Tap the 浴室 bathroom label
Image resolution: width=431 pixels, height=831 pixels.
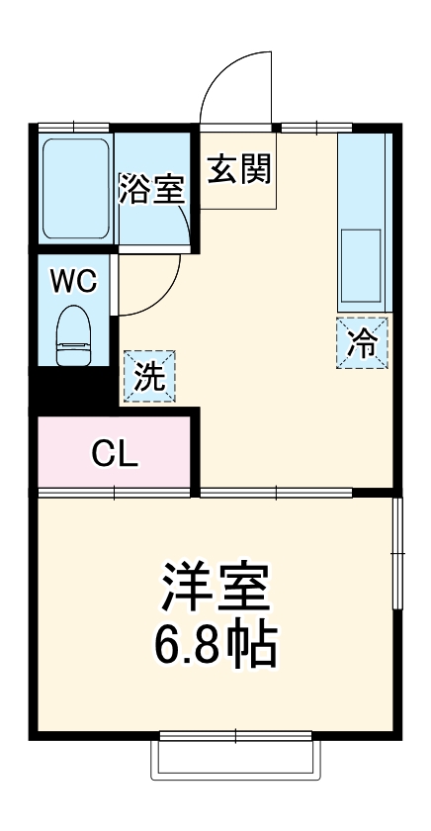(x=151, y=189)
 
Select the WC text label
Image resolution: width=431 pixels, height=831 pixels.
(x=75, y=282)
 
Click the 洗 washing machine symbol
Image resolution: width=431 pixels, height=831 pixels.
(x=149, y=377)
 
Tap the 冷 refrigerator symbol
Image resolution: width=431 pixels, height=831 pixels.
(x=362, y=343)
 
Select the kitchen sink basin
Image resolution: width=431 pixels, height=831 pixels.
(x=361, y=265)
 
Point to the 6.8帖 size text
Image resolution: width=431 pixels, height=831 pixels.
(x=215, y=644)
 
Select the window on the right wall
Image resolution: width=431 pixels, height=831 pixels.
(x=397, y=554)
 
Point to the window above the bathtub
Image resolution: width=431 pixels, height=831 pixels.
(x=75, y=126)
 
